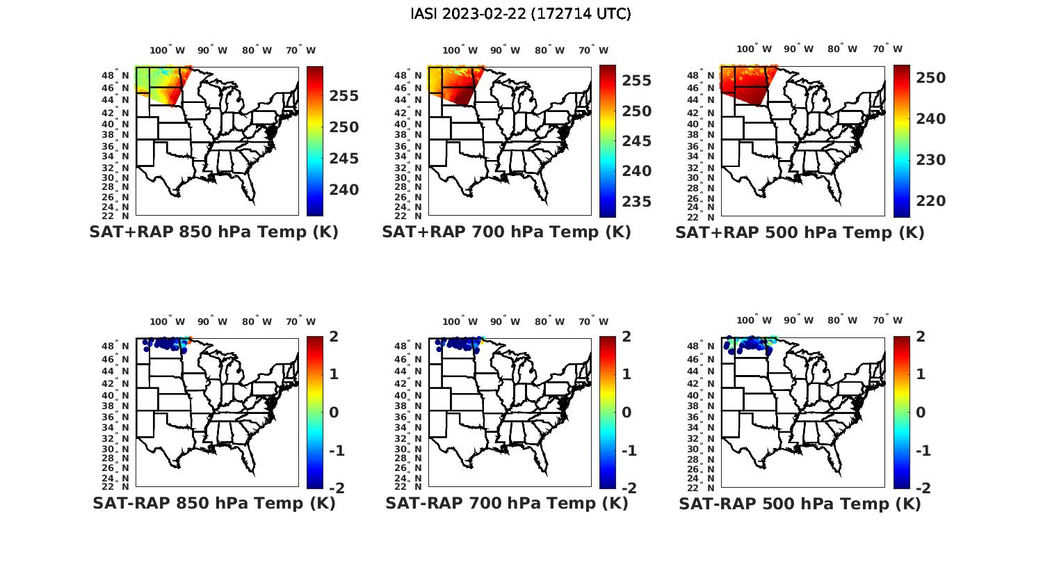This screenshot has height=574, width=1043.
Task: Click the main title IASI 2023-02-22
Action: point(521,14)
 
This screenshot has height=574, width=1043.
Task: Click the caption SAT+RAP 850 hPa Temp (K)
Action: point(213,232)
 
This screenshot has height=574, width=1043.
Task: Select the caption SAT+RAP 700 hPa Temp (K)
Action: point(506,232)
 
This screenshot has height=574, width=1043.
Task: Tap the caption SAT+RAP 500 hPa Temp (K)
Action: point(800,232)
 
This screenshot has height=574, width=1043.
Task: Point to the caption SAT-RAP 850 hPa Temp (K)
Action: point(214,503)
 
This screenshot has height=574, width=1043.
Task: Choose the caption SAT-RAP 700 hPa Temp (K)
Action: point(507,503)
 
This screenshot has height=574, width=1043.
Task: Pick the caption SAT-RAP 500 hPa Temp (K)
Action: point(800,503)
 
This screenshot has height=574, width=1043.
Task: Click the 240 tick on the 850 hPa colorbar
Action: point(343,190)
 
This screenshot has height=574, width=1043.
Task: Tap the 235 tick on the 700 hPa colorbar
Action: point(636,202)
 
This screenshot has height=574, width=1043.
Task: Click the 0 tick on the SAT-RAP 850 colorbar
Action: point(334,413)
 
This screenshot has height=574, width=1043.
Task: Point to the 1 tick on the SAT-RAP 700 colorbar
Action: point(627,374)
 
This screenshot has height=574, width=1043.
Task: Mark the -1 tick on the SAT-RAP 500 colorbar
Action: point(921,451)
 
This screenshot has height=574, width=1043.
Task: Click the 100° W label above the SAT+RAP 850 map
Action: point(168,50)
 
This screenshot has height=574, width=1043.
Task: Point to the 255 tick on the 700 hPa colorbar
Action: point(636,81)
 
